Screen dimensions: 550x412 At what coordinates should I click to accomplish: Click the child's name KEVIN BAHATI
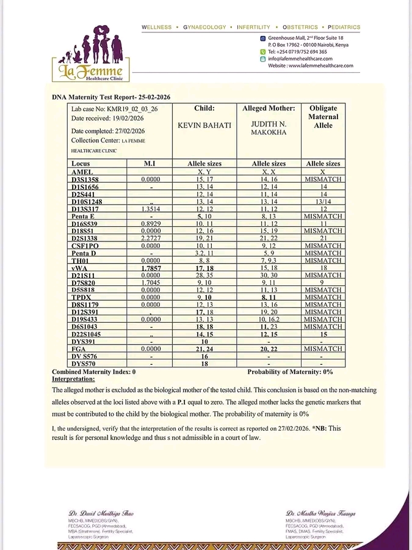[204, 125]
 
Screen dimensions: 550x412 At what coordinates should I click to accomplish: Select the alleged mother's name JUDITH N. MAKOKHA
[269, 128]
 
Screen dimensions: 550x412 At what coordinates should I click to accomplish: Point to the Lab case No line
[106, 109]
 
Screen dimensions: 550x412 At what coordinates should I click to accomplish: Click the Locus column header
[81, 164]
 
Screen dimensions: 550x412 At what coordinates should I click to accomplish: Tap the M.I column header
[150, 164]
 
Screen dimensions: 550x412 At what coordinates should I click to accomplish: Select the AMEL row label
[82, 172]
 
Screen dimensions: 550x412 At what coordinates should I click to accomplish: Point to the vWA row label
[82, 268]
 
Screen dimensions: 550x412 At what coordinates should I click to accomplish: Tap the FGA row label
[79, 348]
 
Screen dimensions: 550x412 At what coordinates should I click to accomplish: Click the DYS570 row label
[84, 364]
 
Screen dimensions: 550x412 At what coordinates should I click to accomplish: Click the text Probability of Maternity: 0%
[290, 372]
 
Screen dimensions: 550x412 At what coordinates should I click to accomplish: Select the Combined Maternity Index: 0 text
[93, 372]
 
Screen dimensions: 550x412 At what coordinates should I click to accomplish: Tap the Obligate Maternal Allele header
[323, 116]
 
